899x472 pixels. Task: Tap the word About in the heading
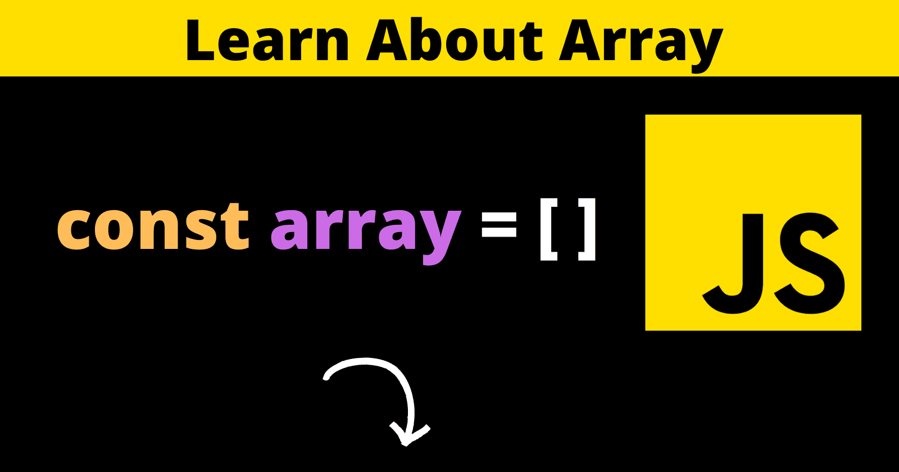[x=455, y=39]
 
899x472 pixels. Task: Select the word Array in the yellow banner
[x=641, y=45]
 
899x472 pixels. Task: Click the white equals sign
[x=499, y=230]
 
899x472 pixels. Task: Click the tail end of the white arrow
[x=326, y=377]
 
